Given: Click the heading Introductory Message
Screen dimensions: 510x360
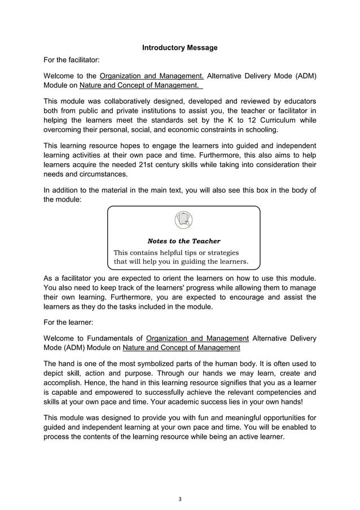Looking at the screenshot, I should click(179, 48).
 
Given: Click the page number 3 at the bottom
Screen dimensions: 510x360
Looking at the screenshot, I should click(179, 499).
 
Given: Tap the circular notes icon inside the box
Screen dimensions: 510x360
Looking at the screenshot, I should click(184, 219).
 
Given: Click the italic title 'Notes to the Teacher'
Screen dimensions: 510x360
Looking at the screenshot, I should click(184, 241).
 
